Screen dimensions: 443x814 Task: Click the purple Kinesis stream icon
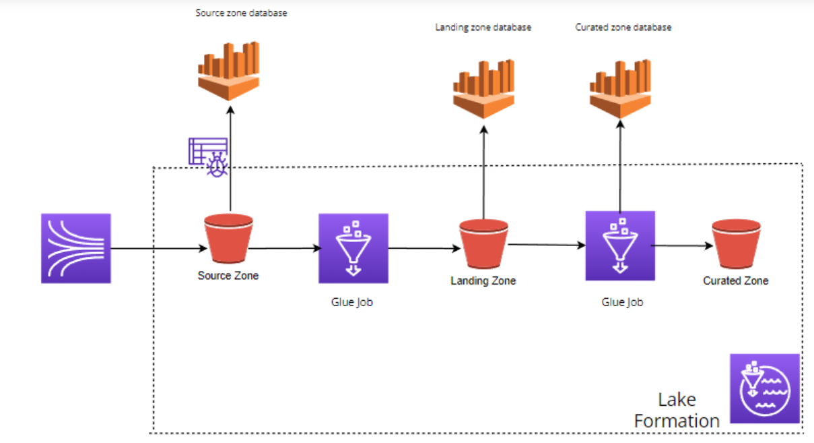75,248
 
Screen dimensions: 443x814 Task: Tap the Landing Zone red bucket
483,245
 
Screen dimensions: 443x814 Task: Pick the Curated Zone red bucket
736,245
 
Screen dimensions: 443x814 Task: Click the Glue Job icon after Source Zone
353,248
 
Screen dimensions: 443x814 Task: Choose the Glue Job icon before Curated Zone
619,245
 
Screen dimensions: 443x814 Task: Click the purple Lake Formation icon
765,388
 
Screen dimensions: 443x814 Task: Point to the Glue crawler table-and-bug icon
208,156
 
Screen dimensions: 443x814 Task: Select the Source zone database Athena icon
229,70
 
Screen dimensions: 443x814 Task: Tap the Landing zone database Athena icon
483,88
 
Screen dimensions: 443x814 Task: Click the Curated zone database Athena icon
620,87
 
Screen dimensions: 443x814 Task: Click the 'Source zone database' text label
241,13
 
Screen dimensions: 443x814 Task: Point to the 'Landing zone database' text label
483,28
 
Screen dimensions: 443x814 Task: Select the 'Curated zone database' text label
623,28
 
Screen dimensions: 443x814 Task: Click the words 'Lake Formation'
677,410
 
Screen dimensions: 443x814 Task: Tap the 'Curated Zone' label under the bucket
735,280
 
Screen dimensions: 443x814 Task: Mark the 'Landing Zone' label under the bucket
483,280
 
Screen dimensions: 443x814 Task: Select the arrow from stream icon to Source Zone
158,249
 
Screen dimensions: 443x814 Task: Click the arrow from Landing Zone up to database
483,175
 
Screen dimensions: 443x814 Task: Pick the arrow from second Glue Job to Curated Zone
682,246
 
